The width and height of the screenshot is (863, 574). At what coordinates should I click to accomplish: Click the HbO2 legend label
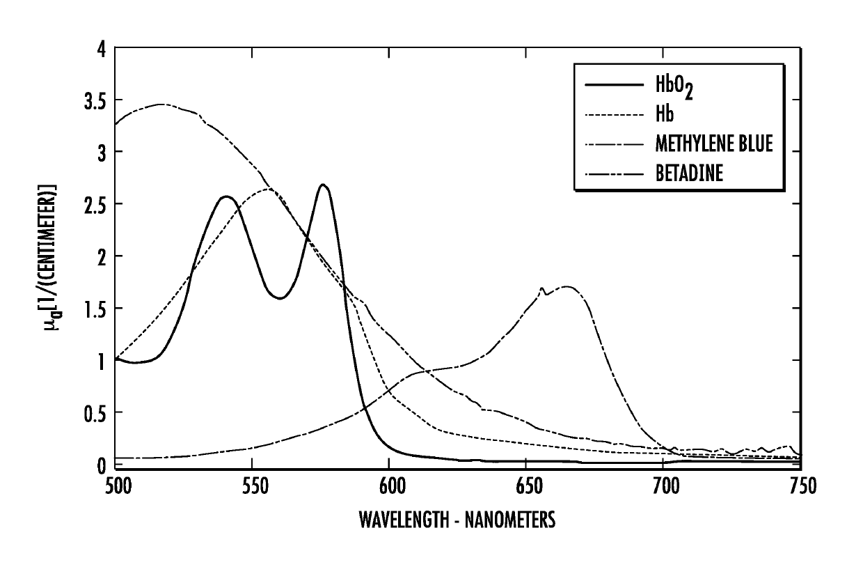[x=674, y=86]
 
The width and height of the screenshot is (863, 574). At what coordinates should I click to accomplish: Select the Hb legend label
[x=665, y=114]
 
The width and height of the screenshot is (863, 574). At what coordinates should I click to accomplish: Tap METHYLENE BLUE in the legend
[x=714, y=143]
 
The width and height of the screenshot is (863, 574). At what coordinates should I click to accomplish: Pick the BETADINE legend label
[x=689, y=173]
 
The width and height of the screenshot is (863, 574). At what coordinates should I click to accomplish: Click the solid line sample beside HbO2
[x=614, y=84]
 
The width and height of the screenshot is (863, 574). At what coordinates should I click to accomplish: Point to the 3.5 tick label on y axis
[x=95, y=100]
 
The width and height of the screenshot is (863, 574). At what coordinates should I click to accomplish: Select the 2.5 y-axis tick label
[x=95, y=205]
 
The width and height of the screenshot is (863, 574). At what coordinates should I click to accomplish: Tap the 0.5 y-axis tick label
[x=95, y=413]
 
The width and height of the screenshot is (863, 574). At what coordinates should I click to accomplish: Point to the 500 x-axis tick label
[x=118, y=486]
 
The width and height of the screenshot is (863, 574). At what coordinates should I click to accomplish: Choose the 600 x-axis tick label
[x=393, y=486]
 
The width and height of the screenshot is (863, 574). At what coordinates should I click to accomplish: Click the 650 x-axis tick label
[x=530, y=486]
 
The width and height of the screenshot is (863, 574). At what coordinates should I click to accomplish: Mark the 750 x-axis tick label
[x=803, y=486]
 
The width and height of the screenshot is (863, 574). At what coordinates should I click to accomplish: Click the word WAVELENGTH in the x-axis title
[x=404, y=519]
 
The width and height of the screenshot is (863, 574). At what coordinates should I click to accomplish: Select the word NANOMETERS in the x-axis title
[x=510, y=519]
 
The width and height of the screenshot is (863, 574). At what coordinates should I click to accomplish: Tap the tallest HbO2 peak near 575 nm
[x=323, y=185]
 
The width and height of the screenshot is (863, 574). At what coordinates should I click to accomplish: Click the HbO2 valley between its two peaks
[x=280, y=298]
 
